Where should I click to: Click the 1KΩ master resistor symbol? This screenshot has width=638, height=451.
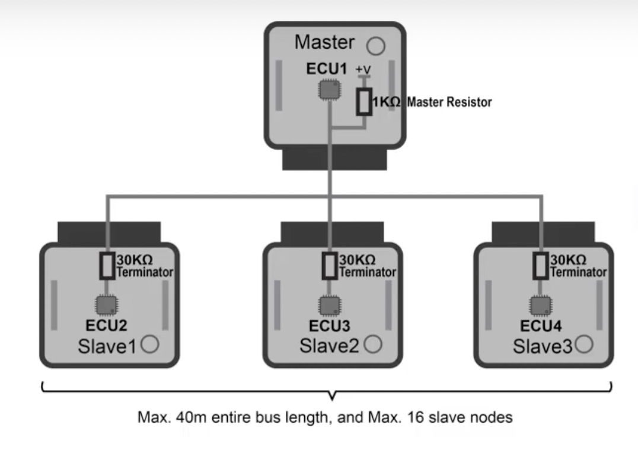pos(364,101)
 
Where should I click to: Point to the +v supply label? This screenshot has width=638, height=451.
pos(363,70)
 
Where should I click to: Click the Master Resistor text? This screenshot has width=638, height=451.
pos(449,102)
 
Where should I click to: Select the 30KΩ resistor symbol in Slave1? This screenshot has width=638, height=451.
pos(106,266)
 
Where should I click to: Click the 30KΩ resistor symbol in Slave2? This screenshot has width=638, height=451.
pos(328,266)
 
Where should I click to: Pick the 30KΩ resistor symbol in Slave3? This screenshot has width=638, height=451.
pos(540,266)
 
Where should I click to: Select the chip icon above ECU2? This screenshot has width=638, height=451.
pos(106,305)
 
